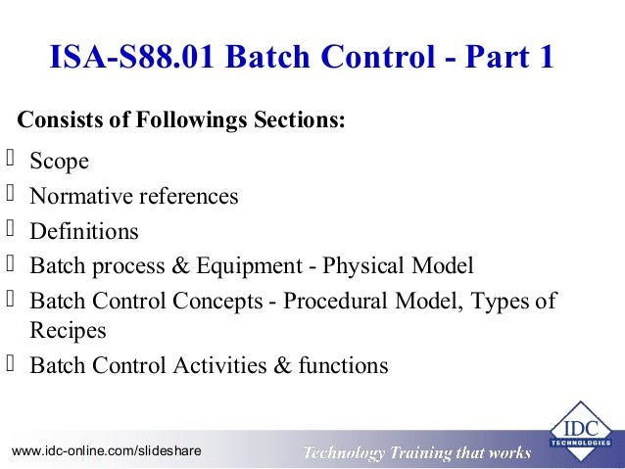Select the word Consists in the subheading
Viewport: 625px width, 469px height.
(x=57, y=121)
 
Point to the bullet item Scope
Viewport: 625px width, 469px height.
(x=59, y=162)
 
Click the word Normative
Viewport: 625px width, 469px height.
(x=82, y=196)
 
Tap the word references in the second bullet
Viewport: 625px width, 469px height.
(x=189, y=196)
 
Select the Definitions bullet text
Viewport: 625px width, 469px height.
(x=84, y=232)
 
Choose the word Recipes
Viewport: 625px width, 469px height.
(x=68, y=331)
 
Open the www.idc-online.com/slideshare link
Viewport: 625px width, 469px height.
(x=106, y=451)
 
